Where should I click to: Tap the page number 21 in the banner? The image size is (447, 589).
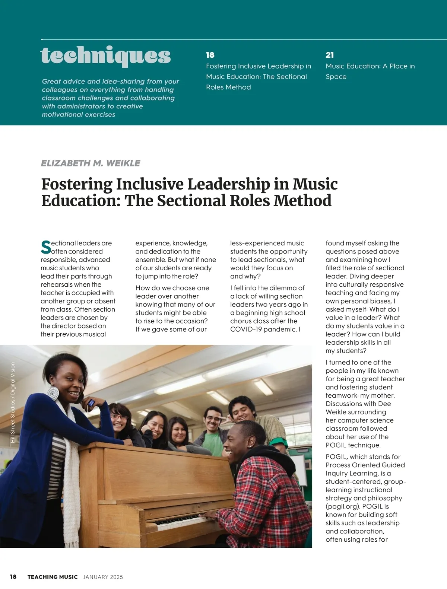pyautogui.click(x=330, y=55)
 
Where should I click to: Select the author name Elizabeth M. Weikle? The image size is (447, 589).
pyautogui.click(x=91, y=163)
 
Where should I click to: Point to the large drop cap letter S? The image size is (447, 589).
pyautogui.click(x=46, y=248)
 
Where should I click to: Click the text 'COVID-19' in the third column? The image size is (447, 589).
pyautogui.click(x=245, y=329)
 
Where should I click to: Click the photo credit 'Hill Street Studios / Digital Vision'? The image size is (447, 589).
pyautogui.click(x=13, y=402)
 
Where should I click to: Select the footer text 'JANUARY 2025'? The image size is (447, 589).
pyautogui.click(x=103, y=577)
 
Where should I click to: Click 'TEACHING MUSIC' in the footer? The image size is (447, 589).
pyautogui.click(x=53, y=577)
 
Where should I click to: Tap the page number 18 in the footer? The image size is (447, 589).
pyautogui.click(x=13, y=577)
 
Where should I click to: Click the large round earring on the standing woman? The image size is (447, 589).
pyautogui.click(x=53, y=394)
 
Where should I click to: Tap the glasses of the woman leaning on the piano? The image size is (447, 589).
pyautogui.click(x=119, y=417)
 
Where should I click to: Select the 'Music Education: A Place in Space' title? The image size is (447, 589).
pyautogui.click(x=370, y=71)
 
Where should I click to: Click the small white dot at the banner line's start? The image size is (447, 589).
pyautogui.click(x=42, y=39)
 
